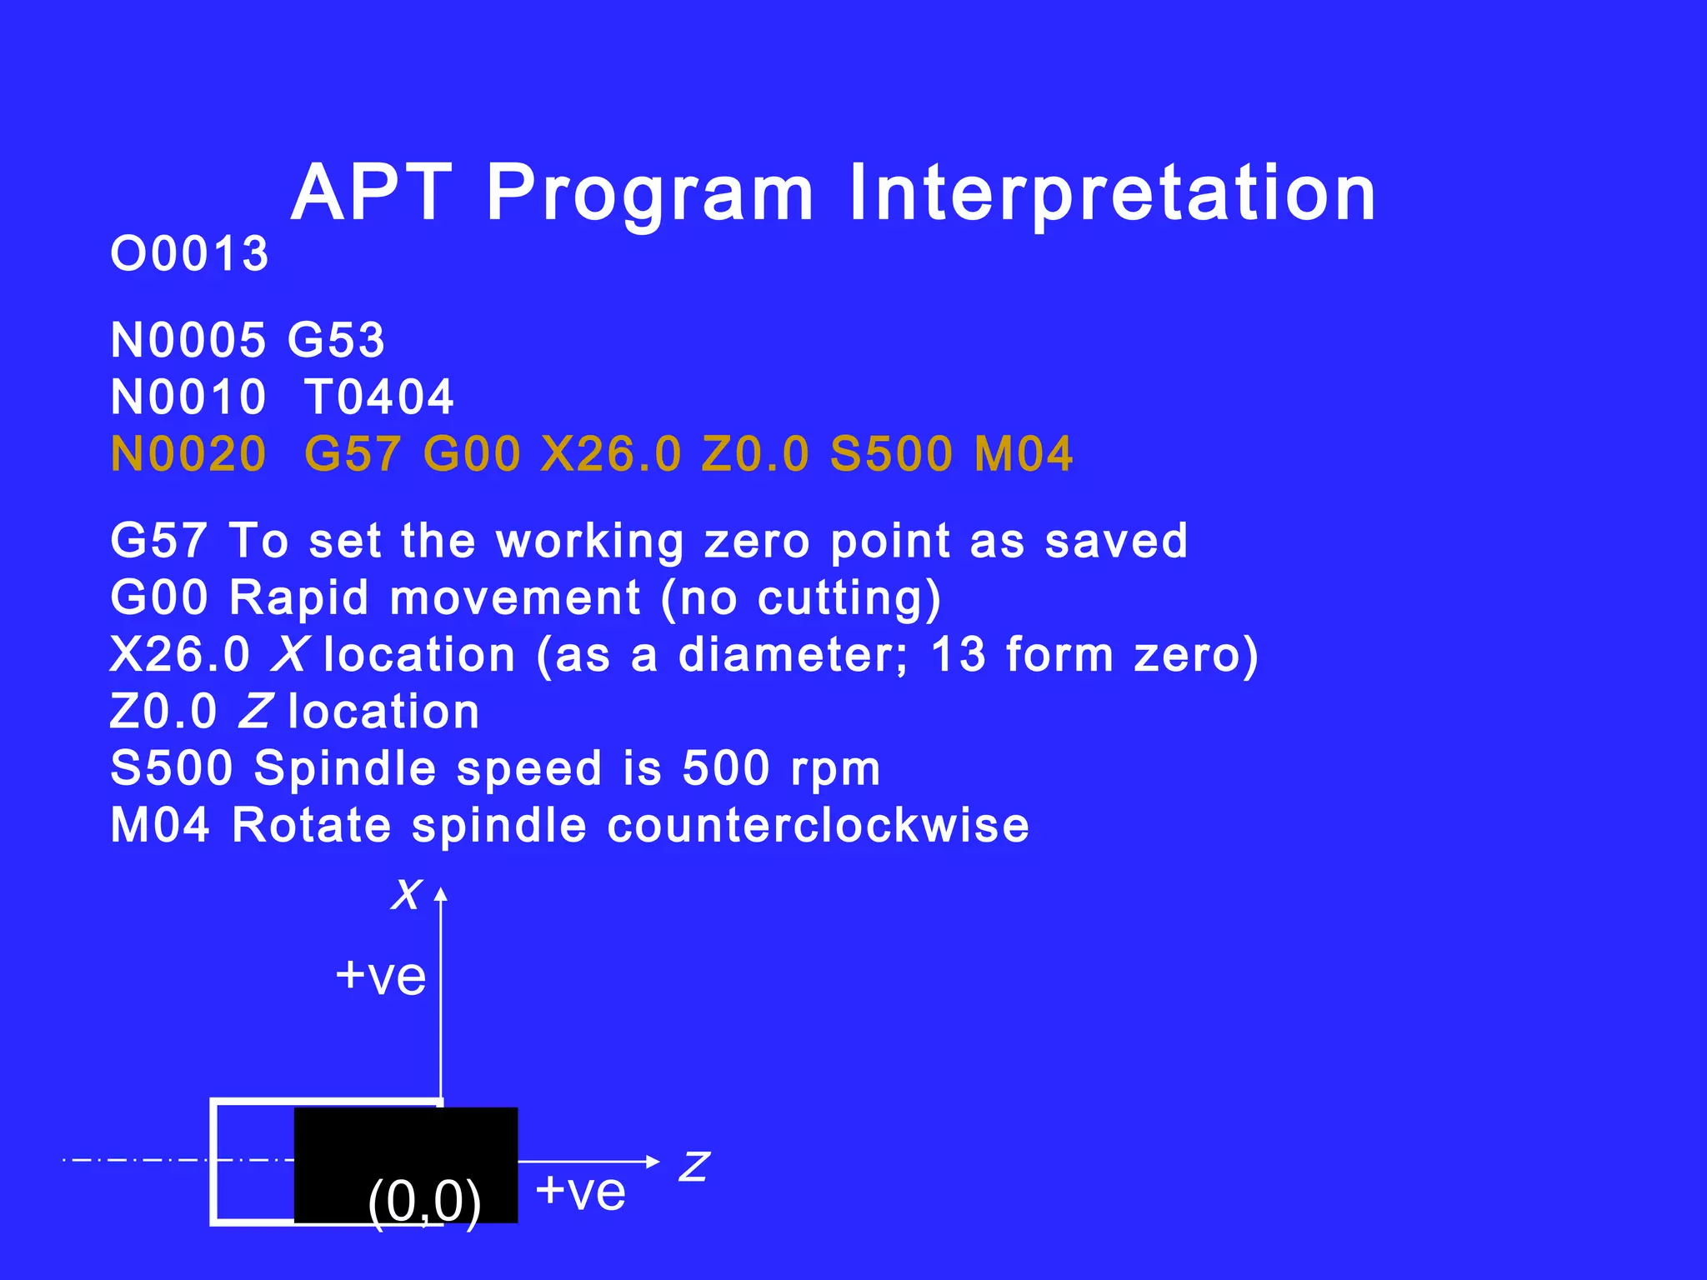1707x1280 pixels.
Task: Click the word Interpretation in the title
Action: click(x=1112, y=193)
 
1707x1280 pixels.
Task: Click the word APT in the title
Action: click(x=372, y=193)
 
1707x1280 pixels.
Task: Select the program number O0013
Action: click(x=189, y=254)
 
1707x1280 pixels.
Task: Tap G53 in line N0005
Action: click(x=336, y=340)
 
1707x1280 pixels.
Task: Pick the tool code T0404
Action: click(x=379, y=397)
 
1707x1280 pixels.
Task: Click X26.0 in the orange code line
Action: click(x=611, y=454)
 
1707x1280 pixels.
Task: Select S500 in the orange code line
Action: click(x=892, y=454)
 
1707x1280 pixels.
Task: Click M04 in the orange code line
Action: click(x=1024, y=454)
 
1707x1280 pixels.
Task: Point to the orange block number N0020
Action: click(x=188, y=454)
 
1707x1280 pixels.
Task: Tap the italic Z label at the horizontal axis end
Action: click(x=693, y=1167)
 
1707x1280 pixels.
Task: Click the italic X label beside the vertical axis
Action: click(x=408, y=894)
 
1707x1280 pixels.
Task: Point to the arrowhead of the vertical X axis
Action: click(x=441, y=894)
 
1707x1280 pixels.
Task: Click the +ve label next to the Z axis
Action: click(x=580, y=1191)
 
